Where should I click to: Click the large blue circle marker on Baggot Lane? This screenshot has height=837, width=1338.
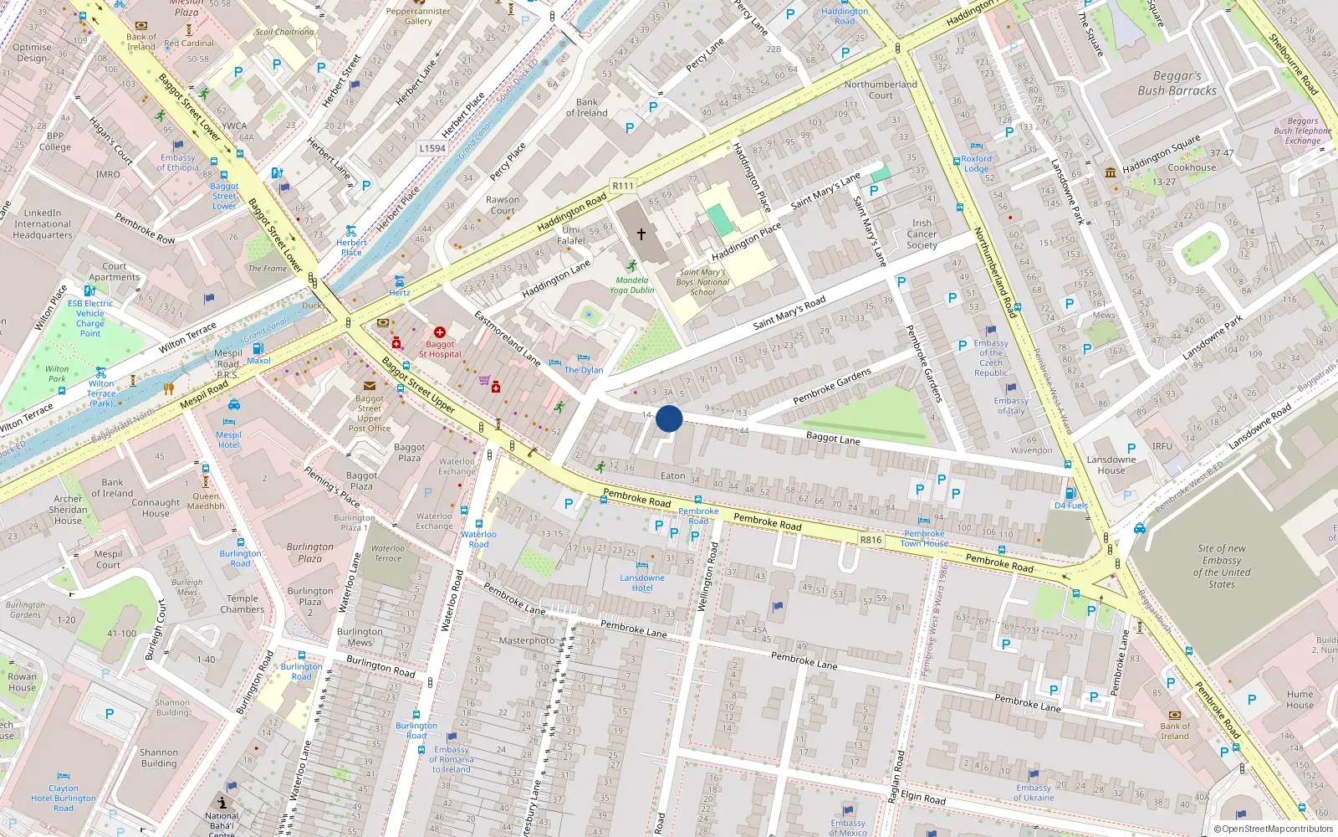coord(669,418)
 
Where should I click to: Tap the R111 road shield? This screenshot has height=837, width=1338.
coord(623,186)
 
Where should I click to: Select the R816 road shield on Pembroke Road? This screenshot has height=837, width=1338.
coord(871,540)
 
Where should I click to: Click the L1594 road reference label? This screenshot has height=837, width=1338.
coord(432,148)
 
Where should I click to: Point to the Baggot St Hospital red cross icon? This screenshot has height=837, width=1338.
coord(440,332)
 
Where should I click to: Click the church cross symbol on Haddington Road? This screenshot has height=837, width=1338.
coord(641,234)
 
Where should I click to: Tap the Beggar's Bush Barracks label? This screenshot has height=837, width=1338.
coord(1177,83)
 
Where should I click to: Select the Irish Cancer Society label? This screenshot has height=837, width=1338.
coord(922,234)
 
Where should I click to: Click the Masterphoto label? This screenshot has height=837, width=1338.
coord(527,640)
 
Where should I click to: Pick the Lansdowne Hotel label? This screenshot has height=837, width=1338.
coord(642,583)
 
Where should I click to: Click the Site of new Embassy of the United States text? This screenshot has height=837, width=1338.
coord(1222,567)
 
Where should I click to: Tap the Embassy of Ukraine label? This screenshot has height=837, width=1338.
coord(1034,793)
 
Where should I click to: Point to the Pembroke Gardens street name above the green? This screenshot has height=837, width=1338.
coord(832,386)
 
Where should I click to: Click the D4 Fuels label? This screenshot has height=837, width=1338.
coord(1071,506)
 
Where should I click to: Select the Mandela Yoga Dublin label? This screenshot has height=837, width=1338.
coord(632,285)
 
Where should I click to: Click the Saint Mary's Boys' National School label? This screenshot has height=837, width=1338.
coord(703,282)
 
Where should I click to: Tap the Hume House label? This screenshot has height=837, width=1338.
coord(1300,700)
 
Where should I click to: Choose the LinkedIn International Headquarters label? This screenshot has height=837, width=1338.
coord(43,224)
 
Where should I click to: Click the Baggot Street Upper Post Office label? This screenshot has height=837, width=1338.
coord(370,413)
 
